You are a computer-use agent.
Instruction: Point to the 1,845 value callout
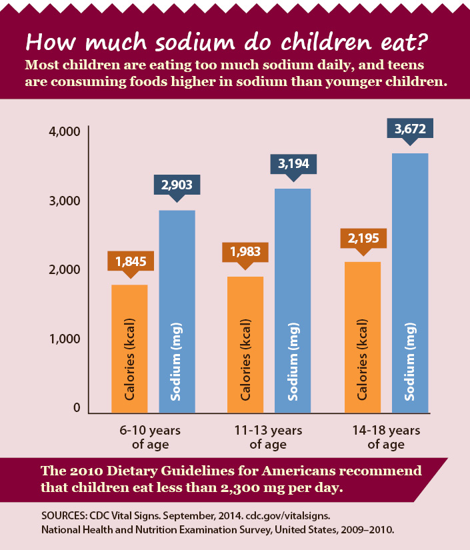[131, 261]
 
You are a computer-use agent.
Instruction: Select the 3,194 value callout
[293, 163]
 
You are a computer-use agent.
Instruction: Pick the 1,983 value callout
[246, 252]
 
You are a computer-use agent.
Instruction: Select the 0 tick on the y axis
[77, 408]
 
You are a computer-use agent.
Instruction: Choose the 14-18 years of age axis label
[386, 437]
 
